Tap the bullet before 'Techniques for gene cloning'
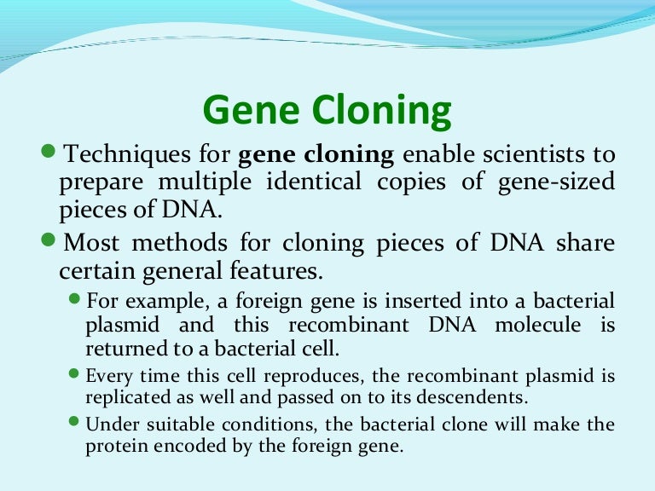click(48, 152)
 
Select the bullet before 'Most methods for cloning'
click(48, 240)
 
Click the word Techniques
click(125, 155)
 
